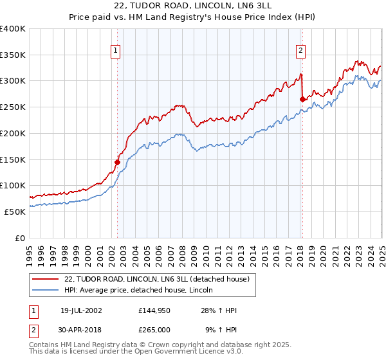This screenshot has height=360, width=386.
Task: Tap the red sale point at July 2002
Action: (x=118, y=162)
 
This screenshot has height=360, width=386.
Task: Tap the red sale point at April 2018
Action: (x=302, y=99)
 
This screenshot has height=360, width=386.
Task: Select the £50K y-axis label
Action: (x=15, y=212)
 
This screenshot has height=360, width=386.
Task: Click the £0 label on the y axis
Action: (x=20, y=238)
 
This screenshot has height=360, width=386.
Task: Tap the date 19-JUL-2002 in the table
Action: (x=81, y=310)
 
